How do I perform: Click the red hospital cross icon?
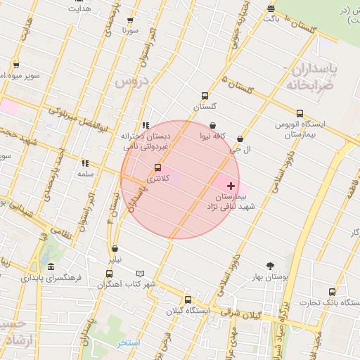coord(232,186)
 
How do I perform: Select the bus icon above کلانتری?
coord(157,167)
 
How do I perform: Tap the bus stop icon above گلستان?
coord(205,96)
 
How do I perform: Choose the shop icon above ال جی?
coord(241,139)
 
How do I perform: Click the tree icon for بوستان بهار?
coord(271,266)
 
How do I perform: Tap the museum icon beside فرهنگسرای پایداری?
coord(51,267)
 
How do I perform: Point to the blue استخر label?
coord(128,342)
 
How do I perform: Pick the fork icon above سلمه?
coord(85,163)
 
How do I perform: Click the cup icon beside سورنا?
coord(146,32)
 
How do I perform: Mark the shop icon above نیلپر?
coord(115,248)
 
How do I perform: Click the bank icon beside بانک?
coord(271,8)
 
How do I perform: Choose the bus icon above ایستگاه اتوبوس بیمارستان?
coord(300,113)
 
